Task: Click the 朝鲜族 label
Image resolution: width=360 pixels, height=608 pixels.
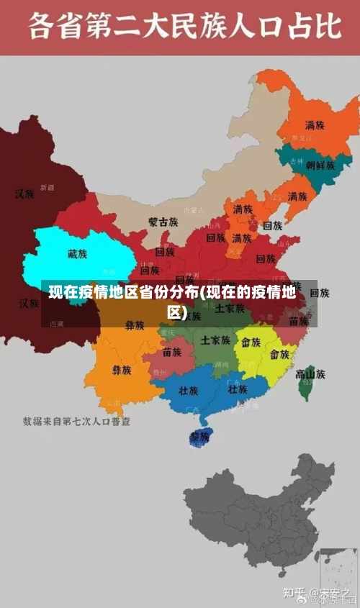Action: click(x=320, y=165)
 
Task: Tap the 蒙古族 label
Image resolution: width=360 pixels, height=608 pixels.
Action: click(x=163, y=222)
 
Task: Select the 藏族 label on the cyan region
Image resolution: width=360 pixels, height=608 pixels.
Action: click(x=77, y=254)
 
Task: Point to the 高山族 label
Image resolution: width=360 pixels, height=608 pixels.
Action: click(x=310, y=373)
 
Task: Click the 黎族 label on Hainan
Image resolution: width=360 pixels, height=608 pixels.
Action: click(x=199, y=437)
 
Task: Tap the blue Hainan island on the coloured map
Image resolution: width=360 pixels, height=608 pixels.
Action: click(x=198, y=437)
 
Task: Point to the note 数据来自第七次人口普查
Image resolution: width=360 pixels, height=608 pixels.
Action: click(x=76, y=421)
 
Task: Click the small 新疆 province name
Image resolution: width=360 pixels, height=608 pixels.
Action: click(x=47, y=187)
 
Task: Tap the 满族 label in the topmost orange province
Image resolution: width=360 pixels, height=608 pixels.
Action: click(x=314, y=124)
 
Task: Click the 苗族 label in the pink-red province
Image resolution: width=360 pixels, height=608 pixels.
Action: click(x=172, y=352)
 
